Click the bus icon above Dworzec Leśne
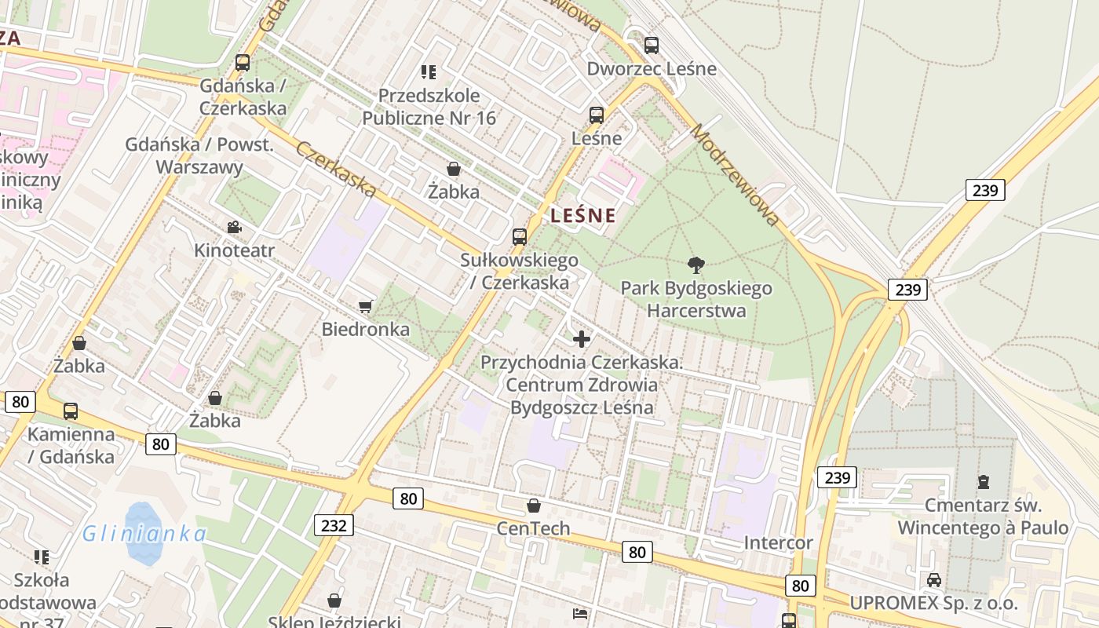(x=651, y=46)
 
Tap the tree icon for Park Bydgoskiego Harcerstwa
(x=696, y=265)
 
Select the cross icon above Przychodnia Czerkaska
(x=581, y=339)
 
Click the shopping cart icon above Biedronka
(x=365, y=306)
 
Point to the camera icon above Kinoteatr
(x=234, y=228)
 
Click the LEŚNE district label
(x=582, y=215)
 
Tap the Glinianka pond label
(x=144, y=535)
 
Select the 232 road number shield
(x=334, y=525)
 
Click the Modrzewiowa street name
(x=735, y=174)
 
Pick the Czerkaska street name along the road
(x=336, y=168)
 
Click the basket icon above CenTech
(x=534, y=506)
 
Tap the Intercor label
(x=778, y=542)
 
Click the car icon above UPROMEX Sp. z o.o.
(x=933, y=580)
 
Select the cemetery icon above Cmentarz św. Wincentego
(x=983, y=482)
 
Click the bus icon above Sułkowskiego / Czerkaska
(x=519, y=236)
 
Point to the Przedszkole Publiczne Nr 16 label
(x=429, y=107)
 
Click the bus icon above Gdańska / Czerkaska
(x=243, y=63)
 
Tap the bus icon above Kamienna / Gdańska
(x=71, y=411)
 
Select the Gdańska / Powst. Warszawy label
(x=199, y=156)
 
